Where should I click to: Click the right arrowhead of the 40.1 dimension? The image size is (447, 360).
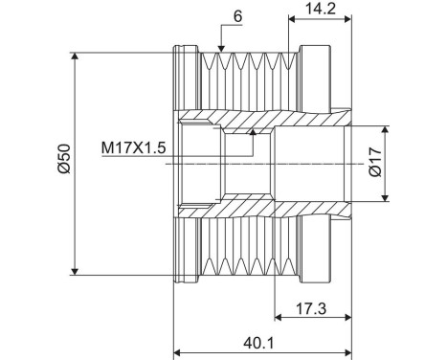click(x=349, y=349)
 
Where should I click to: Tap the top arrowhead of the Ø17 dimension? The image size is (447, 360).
click(x=386, y=127)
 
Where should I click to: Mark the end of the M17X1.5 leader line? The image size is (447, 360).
click(x=254, y=133)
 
